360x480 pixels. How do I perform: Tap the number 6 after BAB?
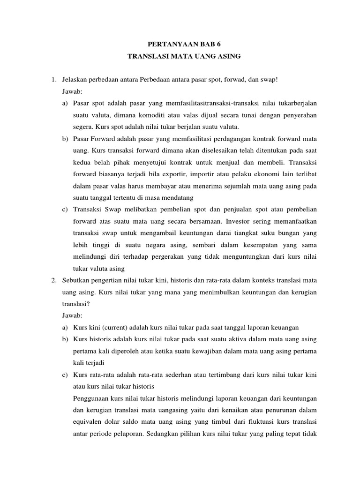pyautogui.click(x=218, y=45)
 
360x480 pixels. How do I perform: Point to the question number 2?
pyautogui.click(x=53, y=280)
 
